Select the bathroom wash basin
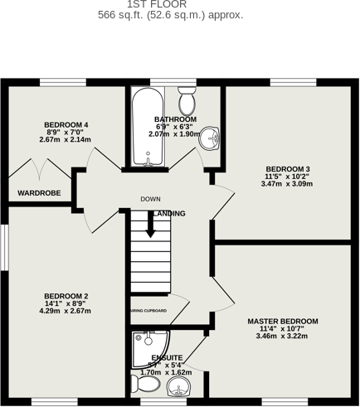click(211, 138)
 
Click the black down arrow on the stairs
click(151, 225)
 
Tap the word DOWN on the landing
click(150, 199)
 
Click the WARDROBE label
click(39, 193)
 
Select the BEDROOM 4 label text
click(66, 125)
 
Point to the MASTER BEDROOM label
click(282, 321)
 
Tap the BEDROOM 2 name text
click(66, 296)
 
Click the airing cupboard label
click(148, 311)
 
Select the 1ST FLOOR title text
click(170, 4)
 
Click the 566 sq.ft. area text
click(170, 15)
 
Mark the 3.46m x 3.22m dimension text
click(282, 337)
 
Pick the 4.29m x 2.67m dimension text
click(66, 312)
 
